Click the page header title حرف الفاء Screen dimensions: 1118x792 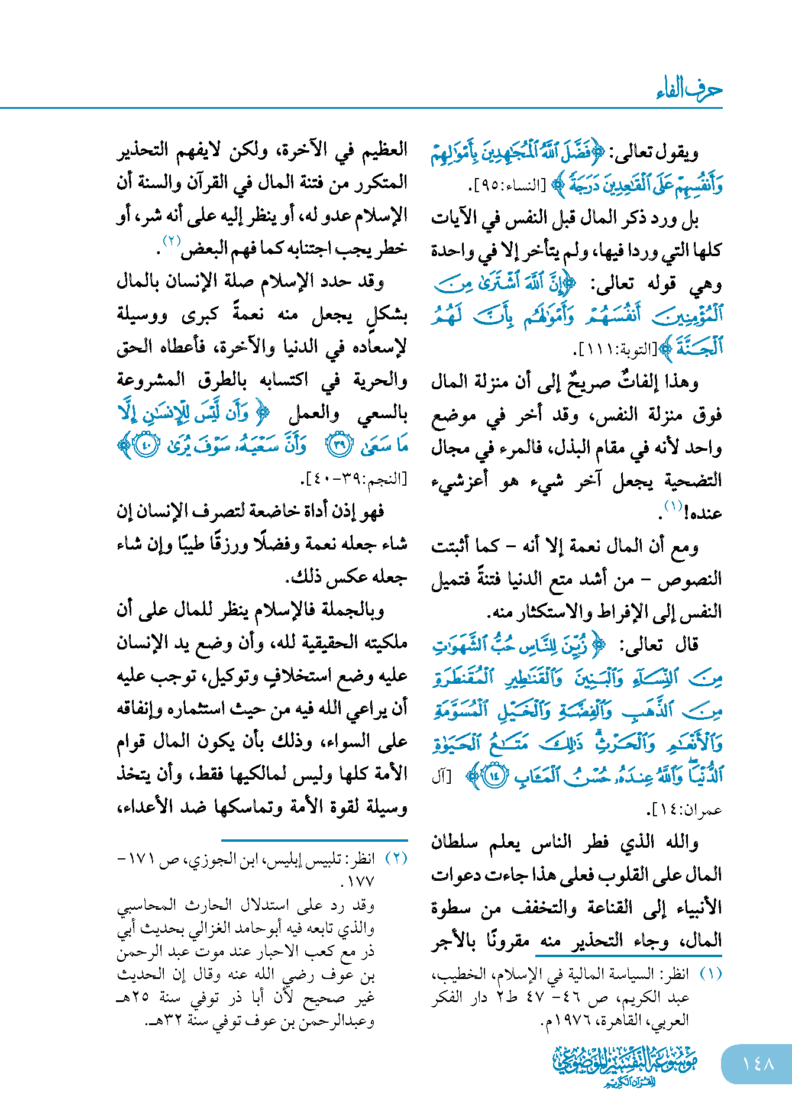point(689,89)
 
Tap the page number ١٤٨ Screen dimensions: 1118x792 point(758,1064)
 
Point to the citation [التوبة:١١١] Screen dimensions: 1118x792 point(614,350)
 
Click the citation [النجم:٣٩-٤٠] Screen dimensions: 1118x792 point(355,479)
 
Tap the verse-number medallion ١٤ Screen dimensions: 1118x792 point(493,776)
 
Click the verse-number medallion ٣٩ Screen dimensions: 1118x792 point(340,446)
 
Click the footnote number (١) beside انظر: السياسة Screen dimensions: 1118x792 point(710,974)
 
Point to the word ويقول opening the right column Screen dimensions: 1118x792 point(680,154)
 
